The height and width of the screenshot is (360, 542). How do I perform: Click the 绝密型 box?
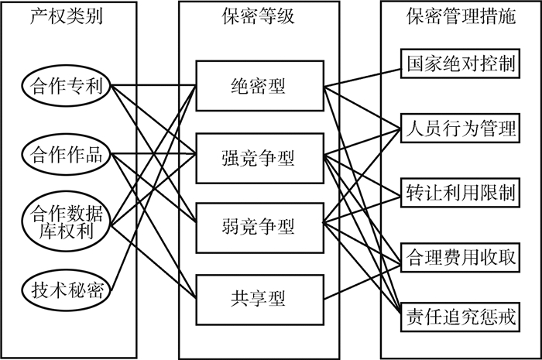[259, 85]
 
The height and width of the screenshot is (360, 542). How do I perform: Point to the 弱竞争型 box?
[259, 226]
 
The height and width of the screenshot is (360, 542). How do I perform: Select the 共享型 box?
[259, 297]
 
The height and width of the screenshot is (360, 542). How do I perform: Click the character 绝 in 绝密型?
[239, 85]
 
